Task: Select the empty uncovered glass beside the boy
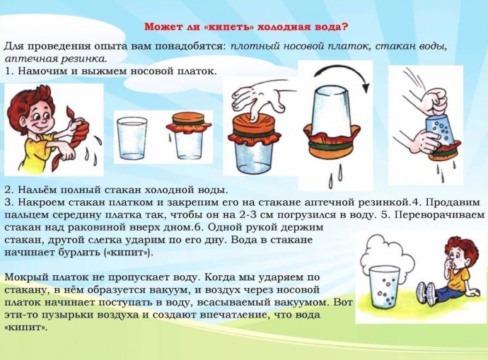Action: point(132,138)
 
